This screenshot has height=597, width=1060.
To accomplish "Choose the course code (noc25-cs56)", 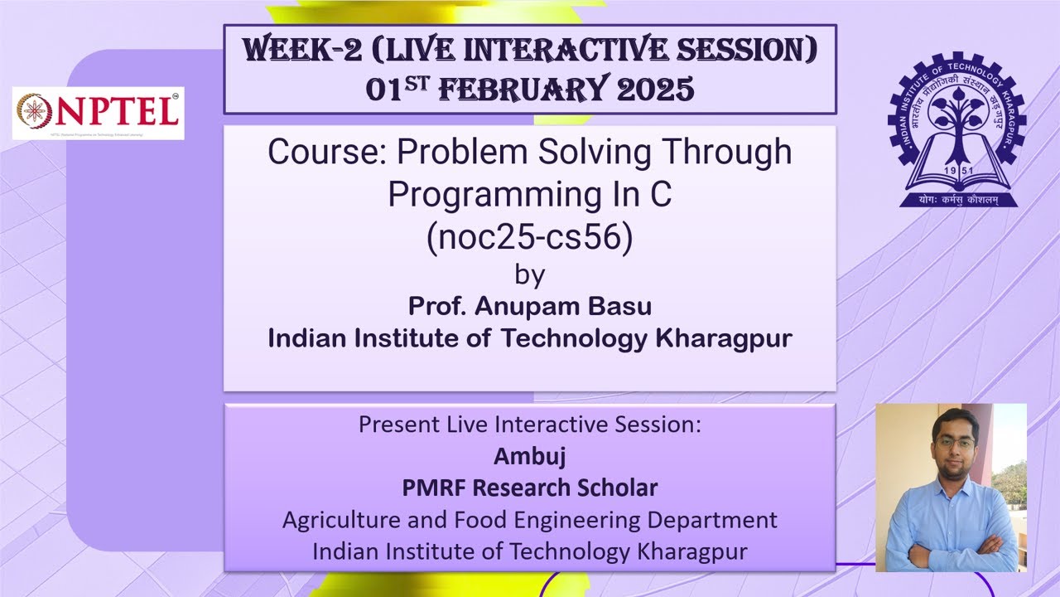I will (x=529, y=237).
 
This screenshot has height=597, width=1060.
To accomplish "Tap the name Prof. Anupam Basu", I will (x=529, y=306).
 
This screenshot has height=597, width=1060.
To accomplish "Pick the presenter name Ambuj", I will (x=529, y=456).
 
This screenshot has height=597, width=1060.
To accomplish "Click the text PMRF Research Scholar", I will (x=529, y=488).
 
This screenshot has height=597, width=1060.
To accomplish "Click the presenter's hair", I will (x=954, y=420).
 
